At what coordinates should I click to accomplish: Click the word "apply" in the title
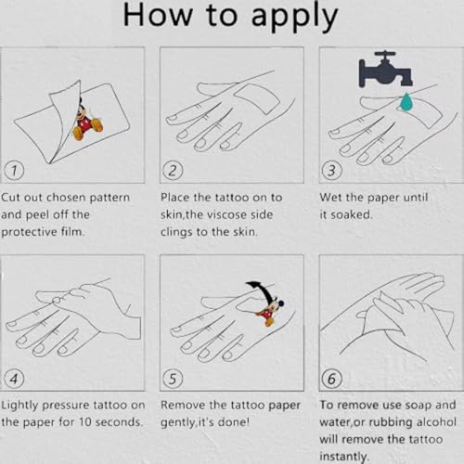coord(294,17)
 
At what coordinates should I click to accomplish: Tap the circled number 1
coord(14,170)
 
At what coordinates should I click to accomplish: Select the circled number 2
coord(173,171)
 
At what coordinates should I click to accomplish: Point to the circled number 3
coord(331,171)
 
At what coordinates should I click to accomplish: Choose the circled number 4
coord(14,379)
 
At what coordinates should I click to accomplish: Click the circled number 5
coord(173,379)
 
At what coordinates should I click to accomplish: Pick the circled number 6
coord(331,379)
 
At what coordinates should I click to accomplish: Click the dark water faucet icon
coord(385,69)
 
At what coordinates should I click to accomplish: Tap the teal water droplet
coord(406,101)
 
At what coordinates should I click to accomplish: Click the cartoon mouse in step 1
coord(86,121)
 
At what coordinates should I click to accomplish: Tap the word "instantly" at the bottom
coord(343,457)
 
